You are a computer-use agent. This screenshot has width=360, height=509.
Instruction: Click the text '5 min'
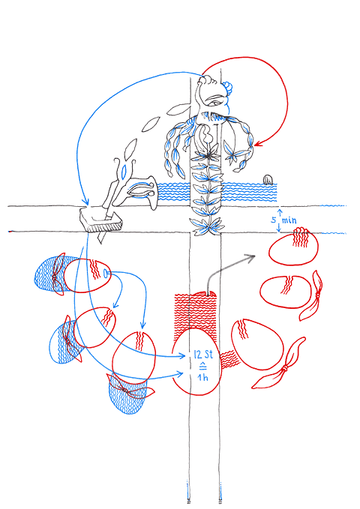pyautogui.click(x=283, y=220)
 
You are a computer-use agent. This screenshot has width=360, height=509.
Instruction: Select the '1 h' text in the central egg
pyautogui.click(x=202, y=377)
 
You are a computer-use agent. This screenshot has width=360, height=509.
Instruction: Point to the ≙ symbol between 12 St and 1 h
pyautogui.click(x=202, y=366)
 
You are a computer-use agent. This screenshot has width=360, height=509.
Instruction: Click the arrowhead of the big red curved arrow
pyautogui.click(x=258, y=143)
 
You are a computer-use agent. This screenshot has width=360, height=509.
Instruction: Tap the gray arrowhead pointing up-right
pyautogui.click(x=250, y=258)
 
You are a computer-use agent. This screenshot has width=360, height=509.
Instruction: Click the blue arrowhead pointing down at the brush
pyautogui.click(x=85, y=202)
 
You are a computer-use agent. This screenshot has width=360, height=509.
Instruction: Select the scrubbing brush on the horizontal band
pyautogui.click(x=101, y=220)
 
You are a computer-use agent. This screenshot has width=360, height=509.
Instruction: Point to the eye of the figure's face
pyautogui.click(x=214, y=103)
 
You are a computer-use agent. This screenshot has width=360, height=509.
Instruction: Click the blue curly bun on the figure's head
pyautogui.click(x=229, y=88)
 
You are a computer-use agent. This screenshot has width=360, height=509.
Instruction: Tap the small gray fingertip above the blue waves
pyautogui.click(x=268, y=179)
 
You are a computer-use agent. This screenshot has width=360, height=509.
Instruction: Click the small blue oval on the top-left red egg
pyautogui.click(x=106, y=274)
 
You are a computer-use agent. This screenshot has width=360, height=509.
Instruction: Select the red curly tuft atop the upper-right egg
pyautogui.click(x=301, y=237)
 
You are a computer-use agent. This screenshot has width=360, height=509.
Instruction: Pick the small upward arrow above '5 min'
pyautogui.click(x=280, y=212)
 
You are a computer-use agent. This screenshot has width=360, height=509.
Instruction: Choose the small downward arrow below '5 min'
pyautogui.click(x=279, y=229)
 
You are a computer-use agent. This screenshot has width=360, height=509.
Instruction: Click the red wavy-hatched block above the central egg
pyautogui.click(x=195, y=311)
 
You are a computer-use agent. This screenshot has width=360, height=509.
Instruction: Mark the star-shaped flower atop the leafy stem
pyautogui.click(x=208, y=153)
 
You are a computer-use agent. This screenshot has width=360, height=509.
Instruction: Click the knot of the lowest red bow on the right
pyautogui.click(x=284, y=368)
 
